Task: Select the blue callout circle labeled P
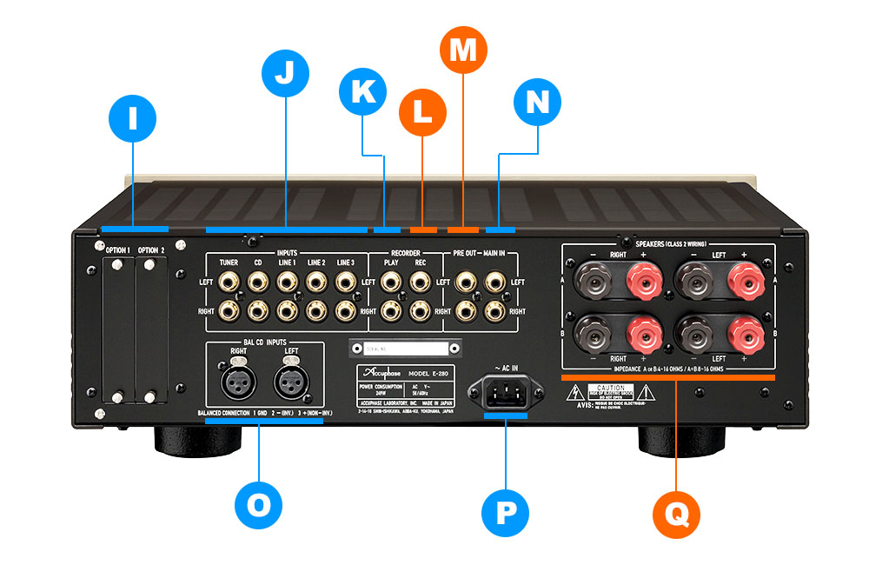pyautogui.click(x=505, y=510)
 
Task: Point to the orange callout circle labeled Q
pyautogui.click(x=675, y=510)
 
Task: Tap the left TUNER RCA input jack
pyautogui.click(x=229, y=282)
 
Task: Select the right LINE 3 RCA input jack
pyautogui.click(x=346, y=309)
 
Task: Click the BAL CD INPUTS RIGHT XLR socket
pyautogui.click(x=238, y=382)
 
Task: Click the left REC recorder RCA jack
pyautogui.click(x=421, y=282)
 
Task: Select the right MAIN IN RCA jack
pyautogui.click(x=496, y=309)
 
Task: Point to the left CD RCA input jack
pyautogui.click(x=258, y=282)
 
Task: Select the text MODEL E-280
pyautogui.click(x=429, y=372)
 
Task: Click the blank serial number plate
pyautogui.click(x=403, y=349)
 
